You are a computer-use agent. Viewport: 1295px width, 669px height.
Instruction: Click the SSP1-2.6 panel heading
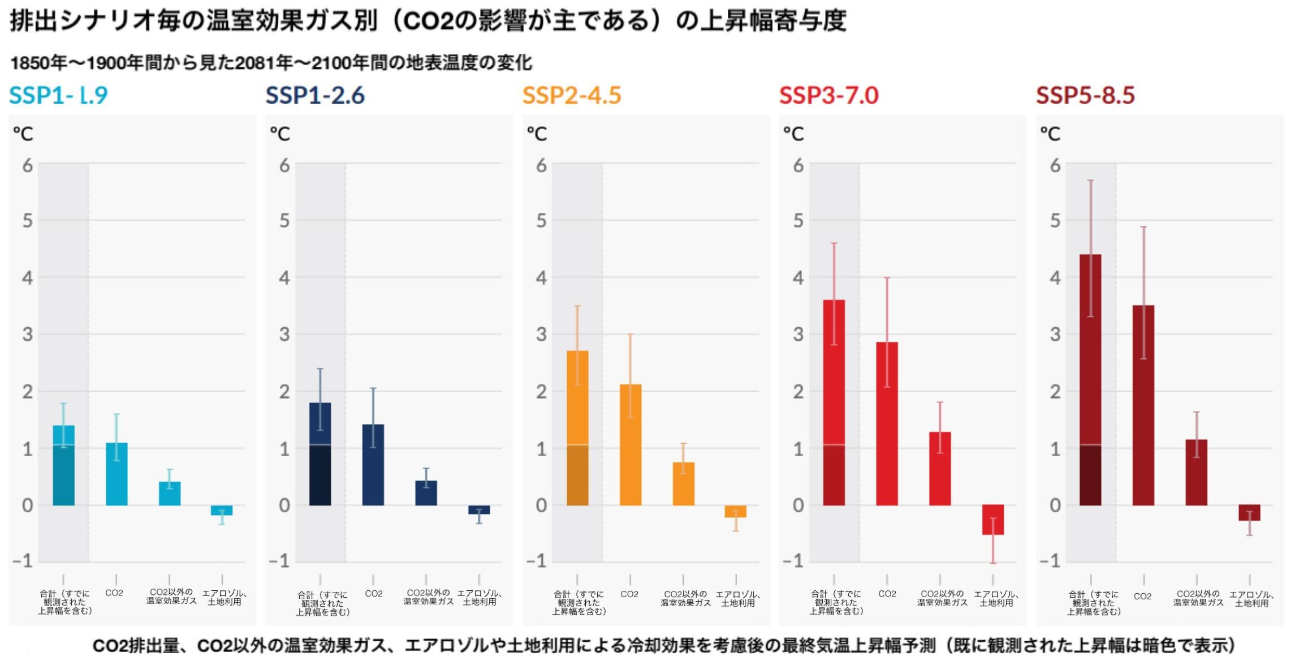(x=315, y=95)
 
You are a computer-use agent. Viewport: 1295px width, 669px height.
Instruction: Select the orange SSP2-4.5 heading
(x=572, y=95)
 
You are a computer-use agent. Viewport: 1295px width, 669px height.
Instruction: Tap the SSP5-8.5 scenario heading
(x=1085, y=95)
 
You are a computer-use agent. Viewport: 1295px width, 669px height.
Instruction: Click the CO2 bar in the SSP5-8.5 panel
(x=1143, y=405)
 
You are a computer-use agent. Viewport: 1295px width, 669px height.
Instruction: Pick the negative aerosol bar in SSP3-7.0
(x=993, y=520)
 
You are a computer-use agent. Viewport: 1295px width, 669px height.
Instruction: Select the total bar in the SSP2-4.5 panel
(x=577, y=428)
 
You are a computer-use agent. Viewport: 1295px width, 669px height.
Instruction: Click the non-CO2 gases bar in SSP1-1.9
(x=170, y=494)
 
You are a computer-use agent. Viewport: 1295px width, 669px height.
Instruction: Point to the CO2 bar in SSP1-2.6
(x=373, y=465)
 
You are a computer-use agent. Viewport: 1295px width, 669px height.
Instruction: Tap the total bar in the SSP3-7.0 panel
(x=834, y=402)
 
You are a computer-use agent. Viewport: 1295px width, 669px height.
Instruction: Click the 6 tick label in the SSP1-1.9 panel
(x=28, y=166)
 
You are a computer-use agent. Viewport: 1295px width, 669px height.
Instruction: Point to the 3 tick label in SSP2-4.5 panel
(x=541, y=334)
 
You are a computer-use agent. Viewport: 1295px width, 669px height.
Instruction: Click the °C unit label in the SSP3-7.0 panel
(x=793, y=134)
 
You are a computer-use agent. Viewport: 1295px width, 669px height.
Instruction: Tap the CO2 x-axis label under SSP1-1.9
(x=114, y=593)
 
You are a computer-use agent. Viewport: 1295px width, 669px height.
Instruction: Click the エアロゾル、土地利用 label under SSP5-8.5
(x=1251, y=599)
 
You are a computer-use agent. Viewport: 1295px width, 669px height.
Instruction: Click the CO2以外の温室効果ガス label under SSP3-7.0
(x=942, y=598)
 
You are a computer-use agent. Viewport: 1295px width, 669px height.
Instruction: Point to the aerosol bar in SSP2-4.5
(x=736, y=511)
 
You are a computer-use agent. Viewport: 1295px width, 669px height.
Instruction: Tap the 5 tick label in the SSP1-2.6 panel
(x=284, y=221)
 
